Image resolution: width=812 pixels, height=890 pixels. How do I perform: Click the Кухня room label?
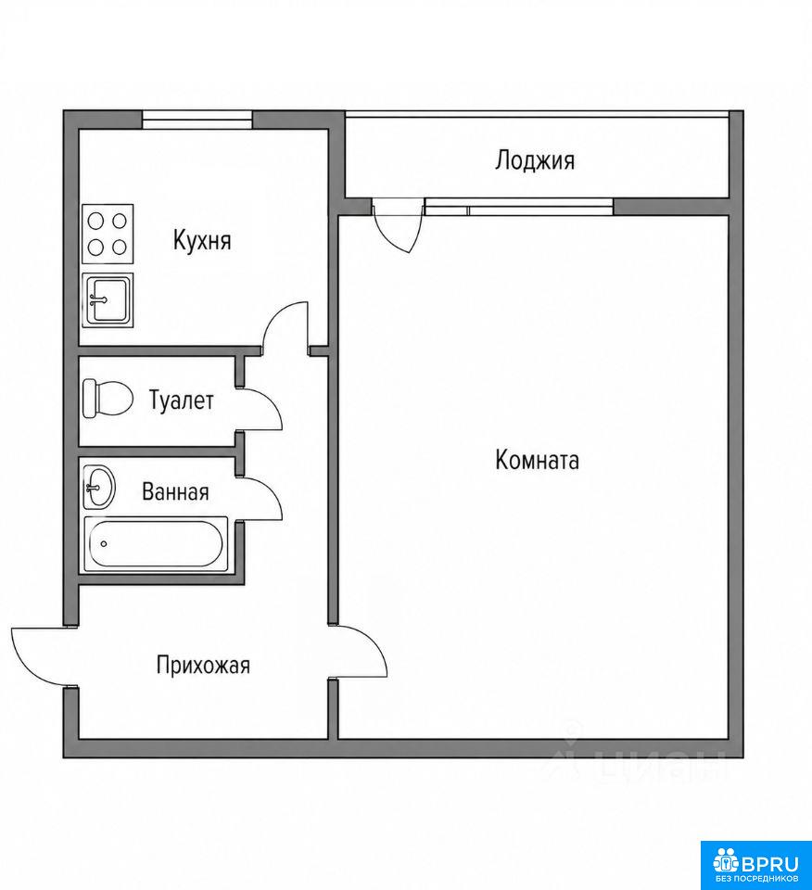pyautogui.click(x=202, y=241)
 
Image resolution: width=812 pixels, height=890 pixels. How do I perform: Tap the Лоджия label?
pyautogui.click(x=535, y=160)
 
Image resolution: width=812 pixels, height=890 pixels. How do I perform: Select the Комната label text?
pyautogui.click(x=537, y=460)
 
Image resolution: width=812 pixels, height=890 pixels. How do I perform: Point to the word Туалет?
pyautogui.click(x=181, y=400)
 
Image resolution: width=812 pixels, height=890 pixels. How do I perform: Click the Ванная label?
pyautogui.click(x=175, y=491)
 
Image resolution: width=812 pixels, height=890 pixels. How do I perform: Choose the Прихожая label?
pyautogui.click(x=203, y=665)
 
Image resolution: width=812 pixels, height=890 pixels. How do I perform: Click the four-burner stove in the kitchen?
pyautogui.click(x=108, y=234)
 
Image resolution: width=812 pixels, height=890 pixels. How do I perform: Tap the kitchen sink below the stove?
pyautogui.click(x=108, y=300)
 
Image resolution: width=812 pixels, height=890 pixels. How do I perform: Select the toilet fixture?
pyautogui.click(x=108, y=399)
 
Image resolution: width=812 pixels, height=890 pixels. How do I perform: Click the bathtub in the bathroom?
pyautogui.click(x=156, y=544)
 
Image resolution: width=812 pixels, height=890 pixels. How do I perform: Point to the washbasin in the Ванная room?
pyautogui.click(x=99, y=488)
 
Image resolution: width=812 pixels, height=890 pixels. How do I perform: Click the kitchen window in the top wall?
pyautogui.click(x=197, y=120)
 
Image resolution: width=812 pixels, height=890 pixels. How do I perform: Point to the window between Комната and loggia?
pyautogui.click(x=519, y=207)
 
